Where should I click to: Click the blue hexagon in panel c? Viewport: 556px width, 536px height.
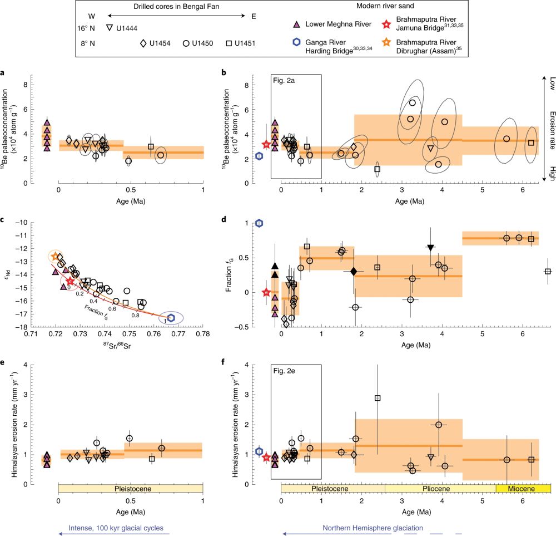(x=172, y=317)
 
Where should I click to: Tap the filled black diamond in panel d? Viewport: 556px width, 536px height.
(x=353, y=271)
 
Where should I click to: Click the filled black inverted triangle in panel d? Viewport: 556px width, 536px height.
(x=431, y=248)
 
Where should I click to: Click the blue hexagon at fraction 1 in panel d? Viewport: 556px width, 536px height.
(x=259, y=223)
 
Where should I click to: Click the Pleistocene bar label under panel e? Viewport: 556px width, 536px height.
(x=131, y=488)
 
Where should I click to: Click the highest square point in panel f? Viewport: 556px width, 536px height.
(x=378, y=398)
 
